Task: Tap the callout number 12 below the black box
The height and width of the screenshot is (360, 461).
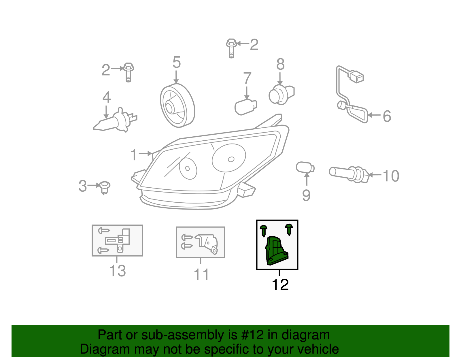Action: [280, 285]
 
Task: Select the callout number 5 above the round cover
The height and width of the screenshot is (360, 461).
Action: [176, 62]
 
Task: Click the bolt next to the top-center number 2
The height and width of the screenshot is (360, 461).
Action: [231, 48]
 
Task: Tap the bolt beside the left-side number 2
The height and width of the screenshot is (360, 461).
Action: [129, 72]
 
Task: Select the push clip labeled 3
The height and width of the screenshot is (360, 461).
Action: [105, 187]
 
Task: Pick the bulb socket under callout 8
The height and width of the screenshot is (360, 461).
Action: [281, 94]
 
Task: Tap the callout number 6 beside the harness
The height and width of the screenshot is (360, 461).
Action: [387, 116]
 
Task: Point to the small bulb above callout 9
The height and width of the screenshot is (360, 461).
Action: [305, 167]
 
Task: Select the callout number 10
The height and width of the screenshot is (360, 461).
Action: [391, 176]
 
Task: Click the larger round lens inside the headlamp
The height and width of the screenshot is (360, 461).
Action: [229, 158]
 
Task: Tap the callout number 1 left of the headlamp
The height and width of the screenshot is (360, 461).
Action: [134, 154]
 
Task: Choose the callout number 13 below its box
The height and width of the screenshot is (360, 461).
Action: [118, 271]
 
